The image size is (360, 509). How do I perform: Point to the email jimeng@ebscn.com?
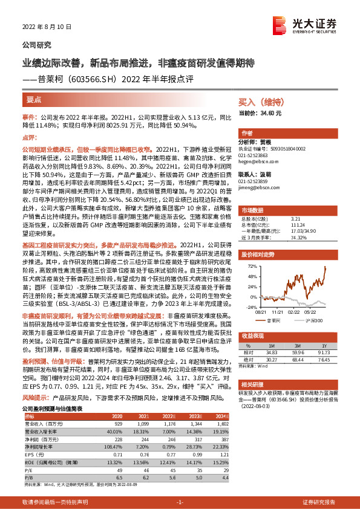tap(257, 189)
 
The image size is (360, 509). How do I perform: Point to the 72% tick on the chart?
tap(249, 265)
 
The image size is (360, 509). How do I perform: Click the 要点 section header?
tap(34, 98)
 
